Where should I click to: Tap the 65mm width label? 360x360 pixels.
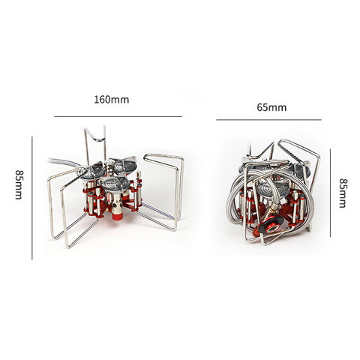click(x=271, y=107)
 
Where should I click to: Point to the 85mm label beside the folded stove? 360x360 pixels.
click(x=343, y=193)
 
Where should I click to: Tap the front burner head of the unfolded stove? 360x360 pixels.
click(x=118, y=184)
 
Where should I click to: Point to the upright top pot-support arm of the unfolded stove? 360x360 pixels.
click(x=94, y=142)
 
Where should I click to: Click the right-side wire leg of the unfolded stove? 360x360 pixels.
click(x=169, y=187)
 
